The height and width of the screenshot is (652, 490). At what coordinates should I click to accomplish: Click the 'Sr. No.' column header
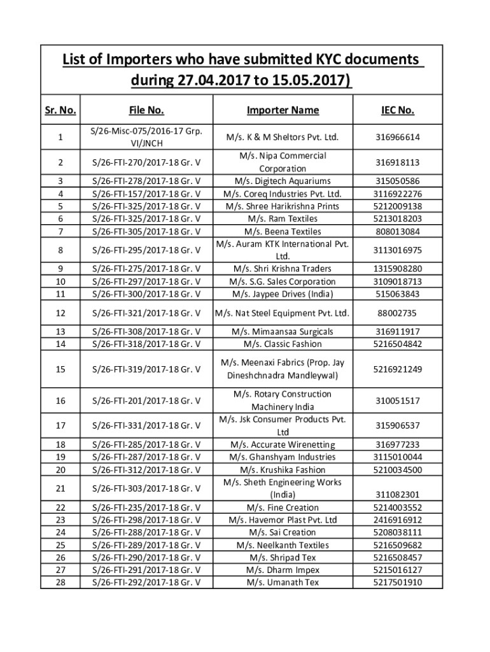(60, 111)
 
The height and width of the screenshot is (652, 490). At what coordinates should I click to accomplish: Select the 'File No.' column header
(146, 111)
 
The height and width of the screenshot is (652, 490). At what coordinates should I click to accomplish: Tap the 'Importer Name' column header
(283, 111)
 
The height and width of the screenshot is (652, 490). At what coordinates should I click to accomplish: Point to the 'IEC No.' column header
(398, 111)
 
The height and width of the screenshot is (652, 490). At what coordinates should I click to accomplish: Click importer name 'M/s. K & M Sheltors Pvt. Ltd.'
(283, 138)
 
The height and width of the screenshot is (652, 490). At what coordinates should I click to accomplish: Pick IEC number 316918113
(398, 162)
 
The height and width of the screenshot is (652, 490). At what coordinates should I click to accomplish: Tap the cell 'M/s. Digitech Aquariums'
(283, 181)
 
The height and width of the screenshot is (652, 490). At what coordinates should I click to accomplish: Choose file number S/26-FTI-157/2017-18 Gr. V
(146, 194)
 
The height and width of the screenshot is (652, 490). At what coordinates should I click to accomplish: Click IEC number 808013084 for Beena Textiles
(398, 231)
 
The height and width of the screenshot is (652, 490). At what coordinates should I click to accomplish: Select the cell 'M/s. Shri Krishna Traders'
(283, 269)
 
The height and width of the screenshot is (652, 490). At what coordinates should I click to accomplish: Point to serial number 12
(60, 313)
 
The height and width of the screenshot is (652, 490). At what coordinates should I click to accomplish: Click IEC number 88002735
(398, 313)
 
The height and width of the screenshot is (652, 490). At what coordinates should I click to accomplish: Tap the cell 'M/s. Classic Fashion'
(283, 344)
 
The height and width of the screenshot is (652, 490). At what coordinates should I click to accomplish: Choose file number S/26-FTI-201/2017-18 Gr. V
(146, 400)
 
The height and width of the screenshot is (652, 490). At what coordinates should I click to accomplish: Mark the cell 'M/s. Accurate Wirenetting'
(283, 444)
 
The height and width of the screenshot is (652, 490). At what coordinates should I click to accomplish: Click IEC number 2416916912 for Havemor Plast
(398, 520)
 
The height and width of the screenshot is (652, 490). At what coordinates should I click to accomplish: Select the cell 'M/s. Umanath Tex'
(283, 582)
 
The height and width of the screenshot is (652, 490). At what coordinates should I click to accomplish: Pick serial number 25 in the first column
(60, 545)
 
